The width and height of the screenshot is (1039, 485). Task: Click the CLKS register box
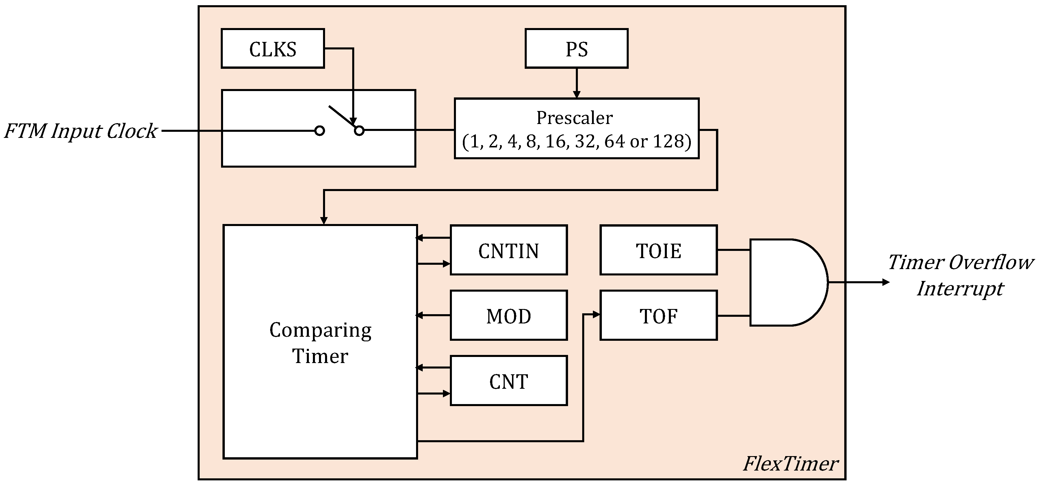coord(273,49)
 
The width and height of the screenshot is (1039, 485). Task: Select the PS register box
coord(576,49)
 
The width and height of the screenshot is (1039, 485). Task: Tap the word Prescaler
coord(574,118)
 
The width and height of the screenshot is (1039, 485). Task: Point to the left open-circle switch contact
coord(320,131)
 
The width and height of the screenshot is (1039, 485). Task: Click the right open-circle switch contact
coord(359,130)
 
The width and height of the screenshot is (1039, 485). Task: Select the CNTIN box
coord(509,250)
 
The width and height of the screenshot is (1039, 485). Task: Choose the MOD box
coord(509,316)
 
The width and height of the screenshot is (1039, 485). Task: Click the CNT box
coord(509,381)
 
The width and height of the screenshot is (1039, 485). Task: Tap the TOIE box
coord(658,250)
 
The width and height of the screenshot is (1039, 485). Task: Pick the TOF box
coord(658,316)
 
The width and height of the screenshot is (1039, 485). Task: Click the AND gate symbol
coord(786,282)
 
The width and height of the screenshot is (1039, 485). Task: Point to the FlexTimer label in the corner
coord(791,464)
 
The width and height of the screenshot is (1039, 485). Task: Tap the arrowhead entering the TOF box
coord(597,315)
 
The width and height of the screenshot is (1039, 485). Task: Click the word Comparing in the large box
coord(320,330)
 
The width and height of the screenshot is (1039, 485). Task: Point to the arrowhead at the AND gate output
coord(886,282)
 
